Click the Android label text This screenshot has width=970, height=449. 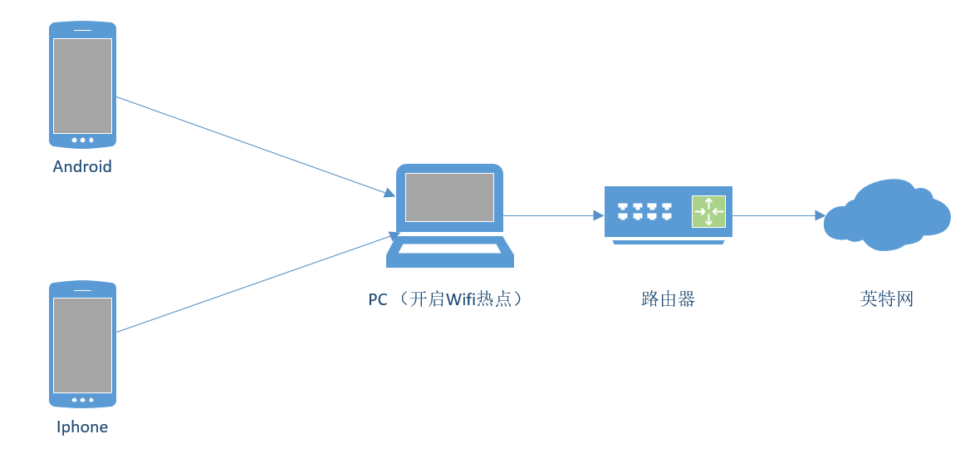pos(82,166)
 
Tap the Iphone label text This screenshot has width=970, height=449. pos(82,427)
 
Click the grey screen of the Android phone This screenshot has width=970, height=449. pos(82,85)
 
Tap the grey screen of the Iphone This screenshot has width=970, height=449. pos(82,345)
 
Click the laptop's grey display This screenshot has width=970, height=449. pos(449,197)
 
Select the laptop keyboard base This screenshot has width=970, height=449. pos(449,252)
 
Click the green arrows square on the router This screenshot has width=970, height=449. pos(708,211)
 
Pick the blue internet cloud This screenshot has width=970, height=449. pos(887,215)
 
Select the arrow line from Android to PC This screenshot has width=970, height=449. pos(249,145)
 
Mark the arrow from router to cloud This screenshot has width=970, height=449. pos(776,215)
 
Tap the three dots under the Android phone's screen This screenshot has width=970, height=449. pos(82,140)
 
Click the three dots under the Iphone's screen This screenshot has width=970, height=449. pos(82,400)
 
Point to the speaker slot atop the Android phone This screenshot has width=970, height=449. pos(82,30)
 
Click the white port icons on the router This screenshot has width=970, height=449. pos(644,211)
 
